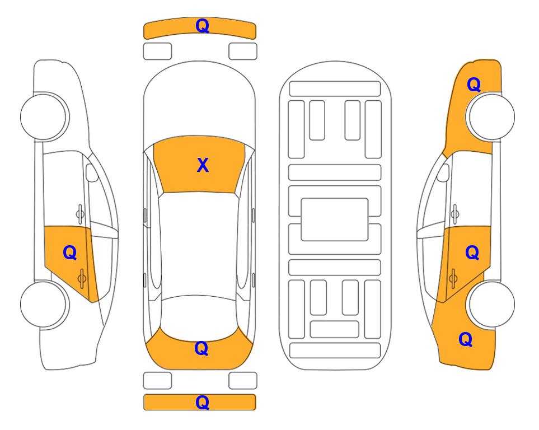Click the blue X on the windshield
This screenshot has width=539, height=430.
coord(203,165)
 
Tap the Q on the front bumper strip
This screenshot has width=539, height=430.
coord(203,26)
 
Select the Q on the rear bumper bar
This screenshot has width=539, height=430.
coord(202,402)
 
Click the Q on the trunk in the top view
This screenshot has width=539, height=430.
coord(201,348)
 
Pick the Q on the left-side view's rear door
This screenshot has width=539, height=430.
coord(70,253)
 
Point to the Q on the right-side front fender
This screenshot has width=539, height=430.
coord(474,85)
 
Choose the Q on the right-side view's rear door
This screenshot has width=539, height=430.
coord(472,253)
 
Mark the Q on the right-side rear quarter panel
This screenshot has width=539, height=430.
coord(466,339)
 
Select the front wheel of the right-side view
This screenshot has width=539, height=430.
coord(490,116)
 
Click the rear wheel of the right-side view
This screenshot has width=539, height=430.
coord(490,305)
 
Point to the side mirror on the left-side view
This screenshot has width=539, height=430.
coord(92,172)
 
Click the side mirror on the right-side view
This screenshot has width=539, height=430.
coord(443,172)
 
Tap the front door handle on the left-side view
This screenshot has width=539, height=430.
coord(80,213)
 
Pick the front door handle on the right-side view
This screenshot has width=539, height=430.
coord(455,213)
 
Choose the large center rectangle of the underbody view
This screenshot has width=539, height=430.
coord(335,219)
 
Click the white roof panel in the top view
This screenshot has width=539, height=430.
coord(199,245)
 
